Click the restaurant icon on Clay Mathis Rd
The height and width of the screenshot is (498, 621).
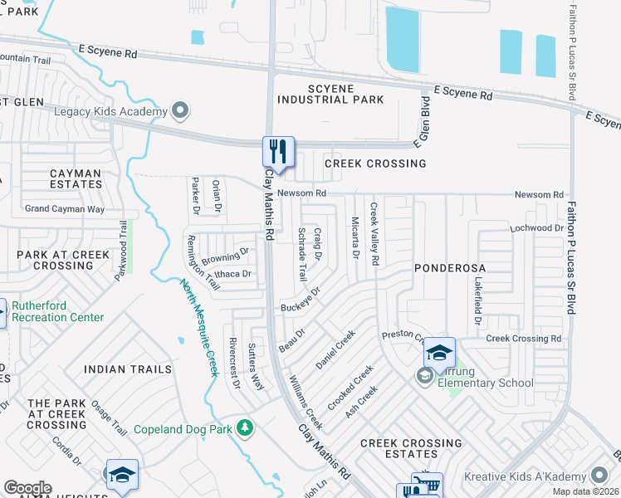pyautogui.click(x=278, y=152)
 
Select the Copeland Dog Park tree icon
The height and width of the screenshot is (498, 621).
pyautogui.click(x=244, y=427)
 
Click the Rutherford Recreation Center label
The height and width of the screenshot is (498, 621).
pyautogui.click(x=58, y=311)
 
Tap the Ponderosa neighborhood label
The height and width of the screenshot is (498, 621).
pyautogui.click(x=449, y=269)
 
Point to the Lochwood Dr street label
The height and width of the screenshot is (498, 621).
pyautogui.click(x=537, y=227)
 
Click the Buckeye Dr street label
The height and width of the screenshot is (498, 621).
pyautogui.click(x=301, y=302)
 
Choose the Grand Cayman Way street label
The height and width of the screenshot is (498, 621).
pyautogui.click(x=64, y=209)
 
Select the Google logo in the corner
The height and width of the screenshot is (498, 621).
pyautogui.click(x=27, y=488)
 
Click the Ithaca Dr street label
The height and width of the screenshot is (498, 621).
pyautogui.click(x=233, y=273)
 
